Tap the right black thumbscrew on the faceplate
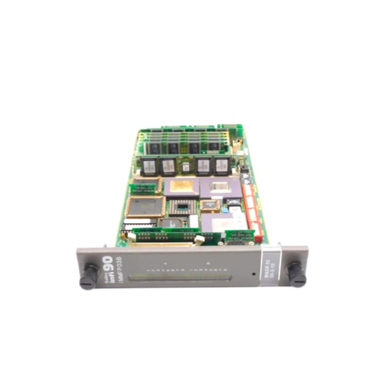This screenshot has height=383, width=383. (x=297, y=275)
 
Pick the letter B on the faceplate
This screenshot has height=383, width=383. (x=208, y=263)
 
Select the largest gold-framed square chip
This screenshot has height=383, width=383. (x=146, y=207)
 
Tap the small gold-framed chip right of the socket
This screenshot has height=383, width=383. (x=209, y=206)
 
